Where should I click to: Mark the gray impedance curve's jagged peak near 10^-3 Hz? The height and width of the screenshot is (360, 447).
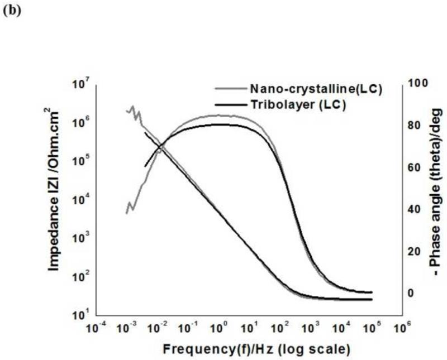pos(133,107)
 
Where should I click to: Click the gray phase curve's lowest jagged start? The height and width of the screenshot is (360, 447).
pos(127,213)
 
